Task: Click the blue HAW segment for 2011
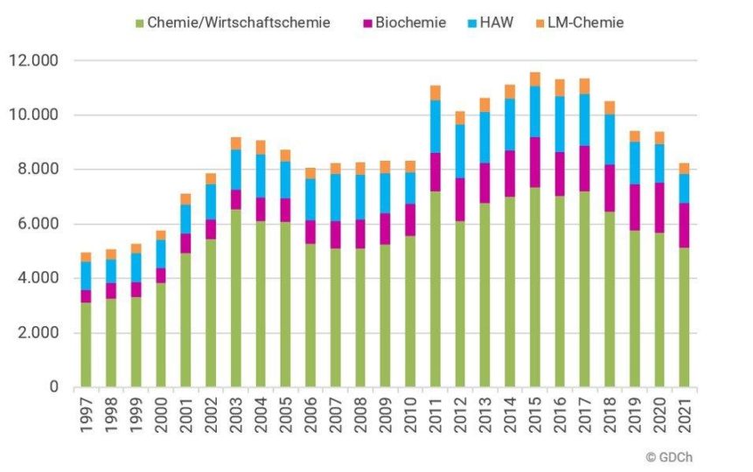tap(436, 127)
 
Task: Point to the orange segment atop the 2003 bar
tap(235, 143)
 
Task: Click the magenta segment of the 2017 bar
tap(585, 169)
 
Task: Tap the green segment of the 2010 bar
tap(410, 311)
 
